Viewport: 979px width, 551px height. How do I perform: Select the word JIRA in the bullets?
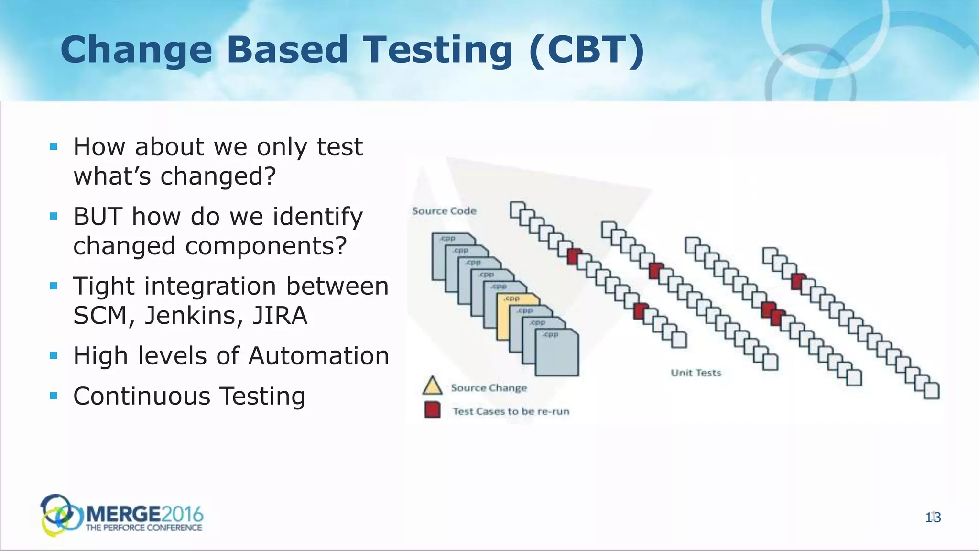280,316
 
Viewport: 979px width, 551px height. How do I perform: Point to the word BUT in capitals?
98,217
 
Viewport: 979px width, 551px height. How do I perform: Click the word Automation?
318,356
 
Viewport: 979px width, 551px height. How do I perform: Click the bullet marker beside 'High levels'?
54,355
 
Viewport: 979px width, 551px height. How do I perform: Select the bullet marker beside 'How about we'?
54,146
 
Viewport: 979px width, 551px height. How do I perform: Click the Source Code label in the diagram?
444,211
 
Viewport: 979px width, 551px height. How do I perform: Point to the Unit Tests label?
696,373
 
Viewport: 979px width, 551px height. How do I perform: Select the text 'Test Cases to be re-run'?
511,411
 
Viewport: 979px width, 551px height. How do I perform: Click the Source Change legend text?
489,388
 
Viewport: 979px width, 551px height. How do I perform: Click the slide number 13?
933,518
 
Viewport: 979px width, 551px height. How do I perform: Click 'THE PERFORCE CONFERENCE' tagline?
143,528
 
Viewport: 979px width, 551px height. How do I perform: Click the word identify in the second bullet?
318,217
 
